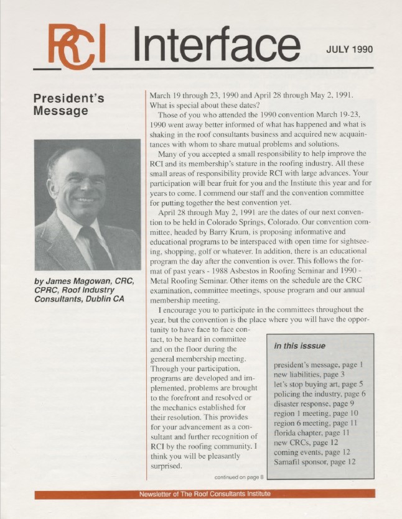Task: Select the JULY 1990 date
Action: coord(349,50)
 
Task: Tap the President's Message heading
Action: coord(68,105)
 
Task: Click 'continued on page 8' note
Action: coord(239,477)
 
